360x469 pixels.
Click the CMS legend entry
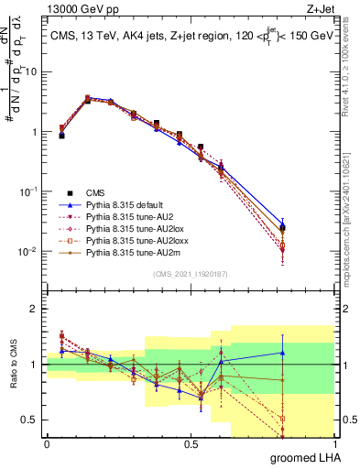click(x=96, y=192)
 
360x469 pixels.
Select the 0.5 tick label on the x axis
click(x=191, y=444)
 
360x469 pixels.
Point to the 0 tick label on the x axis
click(x=47, y=444)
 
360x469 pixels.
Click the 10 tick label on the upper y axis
click(x=31, y=71)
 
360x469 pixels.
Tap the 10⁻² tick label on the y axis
click(x=27, y=251)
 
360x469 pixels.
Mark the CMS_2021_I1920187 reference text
click(x=191, y=274)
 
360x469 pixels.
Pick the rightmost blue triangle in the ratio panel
click(x=282, y=353)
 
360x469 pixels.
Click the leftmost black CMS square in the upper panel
click(x=61, y=135)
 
